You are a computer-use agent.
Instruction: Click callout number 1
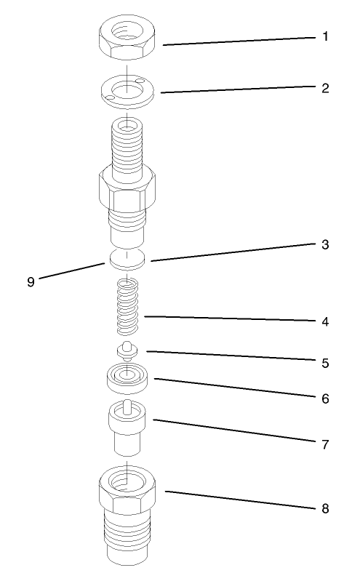point(324,36)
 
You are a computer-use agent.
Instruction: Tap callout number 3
point(324,245)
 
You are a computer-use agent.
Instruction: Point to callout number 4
point(324,321)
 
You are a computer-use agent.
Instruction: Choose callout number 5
point(324,361)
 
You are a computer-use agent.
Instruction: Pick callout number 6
point(324,398)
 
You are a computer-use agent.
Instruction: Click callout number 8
point(324,508)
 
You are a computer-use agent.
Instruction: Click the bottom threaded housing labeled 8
point(128,516)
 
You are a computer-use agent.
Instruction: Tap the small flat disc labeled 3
point(128,257)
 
